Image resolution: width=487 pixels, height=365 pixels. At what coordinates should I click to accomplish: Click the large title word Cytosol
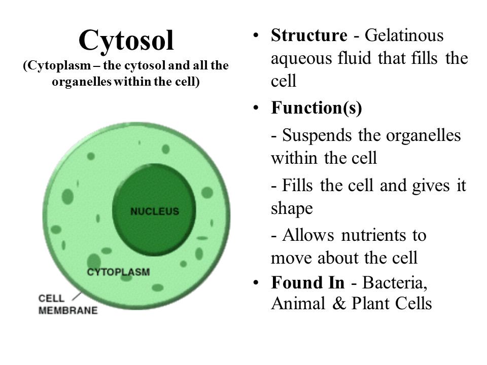pos(126,40)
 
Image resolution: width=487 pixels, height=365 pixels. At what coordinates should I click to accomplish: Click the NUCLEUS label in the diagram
pos(155,211)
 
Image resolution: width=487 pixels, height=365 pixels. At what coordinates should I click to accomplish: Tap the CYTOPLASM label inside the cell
pos(119,272)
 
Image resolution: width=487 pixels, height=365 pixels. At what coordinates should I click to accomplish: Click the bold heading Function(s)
pos(317,109)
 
